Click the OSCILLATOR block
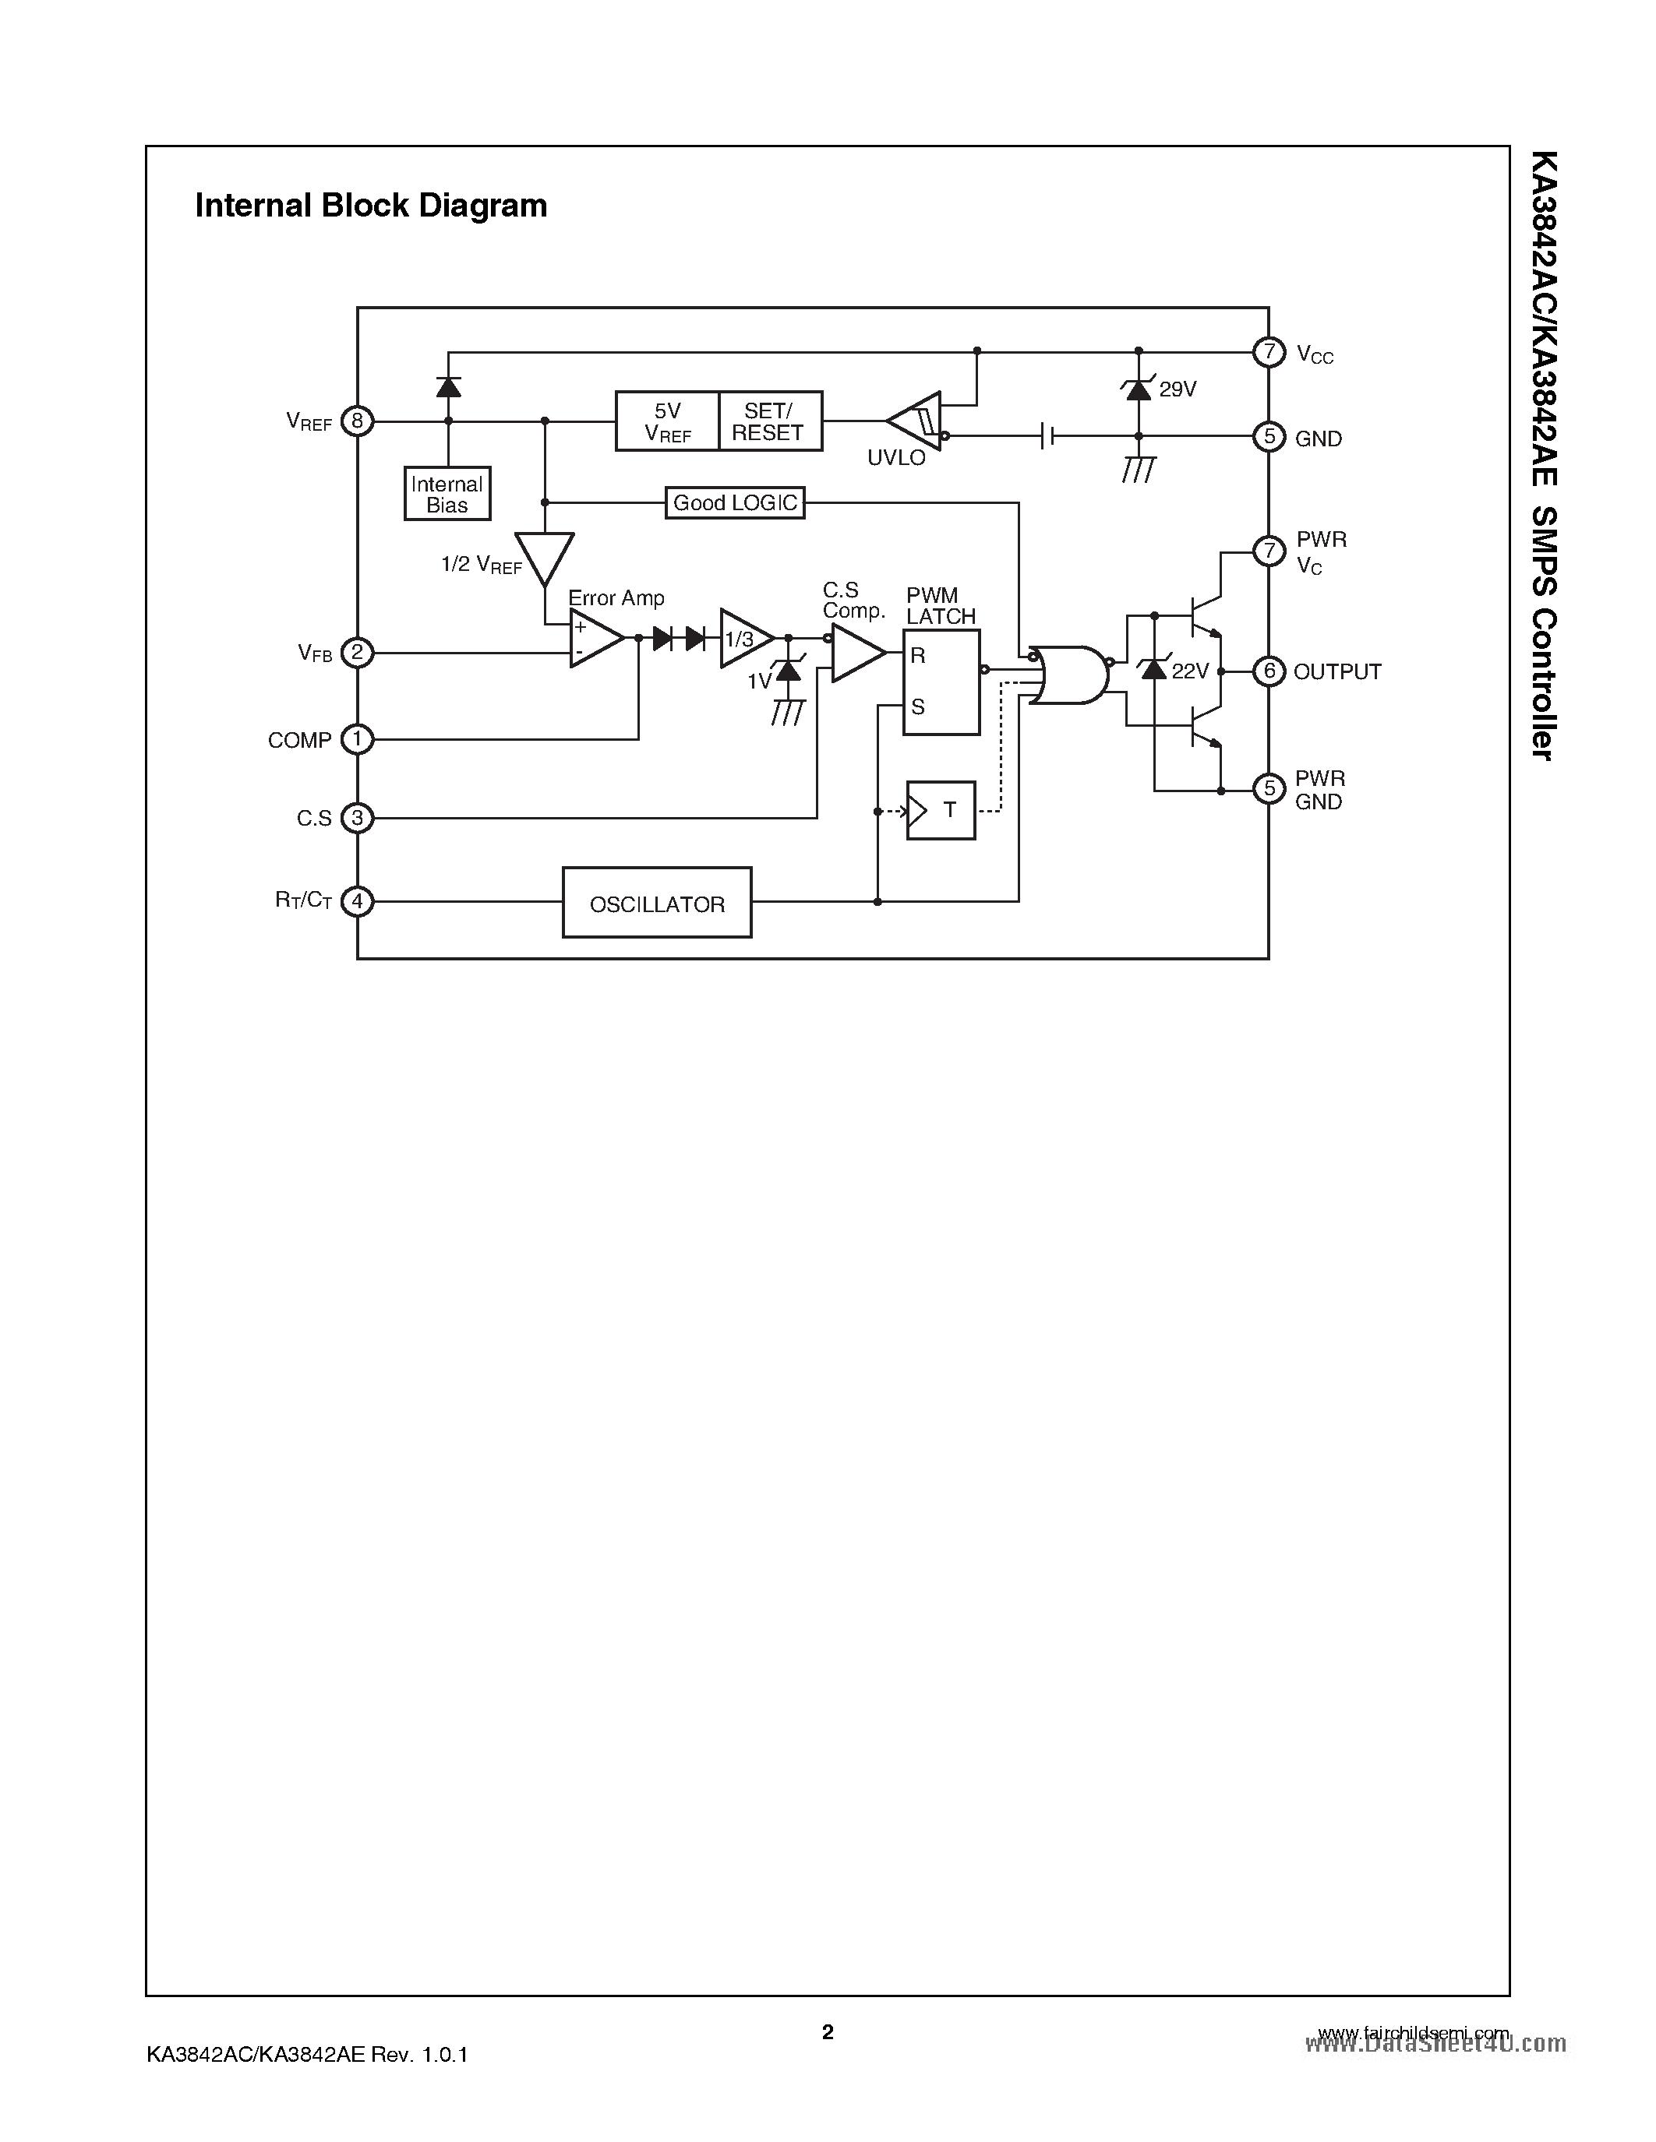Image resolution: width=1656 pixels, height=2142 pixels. (656, 902)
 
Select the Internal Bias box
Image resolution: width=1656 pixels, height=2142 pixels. (447, 493)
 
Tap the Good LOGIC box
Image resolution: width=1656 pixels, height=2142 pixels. (735, 503)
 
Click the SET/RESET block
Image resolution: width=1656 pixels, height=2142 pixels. (770, 421)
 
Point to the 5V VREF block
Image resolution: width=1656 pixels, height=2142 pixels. (667, 421)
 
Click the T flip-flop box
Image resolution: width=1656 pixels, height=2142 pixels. (941, 810)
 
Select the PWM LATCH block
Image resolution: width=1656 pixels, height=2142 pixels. (941, 682)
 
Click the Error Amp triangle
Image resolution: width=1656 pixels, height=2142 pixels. (594, 639)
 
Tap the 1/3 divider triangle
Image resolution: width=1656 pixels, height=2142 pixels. (743, 639)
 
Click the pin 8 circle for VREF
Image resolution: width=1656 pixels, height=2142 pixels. (357, 421)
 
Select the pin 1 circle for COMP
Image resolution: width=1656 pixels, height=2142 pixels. (357, 739)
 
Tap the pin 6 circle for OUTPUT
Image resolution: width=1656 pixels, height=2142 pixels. (1269, 671)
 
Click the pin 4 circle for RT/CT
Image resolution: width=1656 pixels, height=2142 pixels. (357, 901)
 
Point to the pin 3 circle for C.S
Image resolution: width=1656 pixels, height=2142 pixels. (357, 818)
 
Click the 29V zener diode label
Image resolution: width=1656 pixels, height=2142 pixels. (1178, 389)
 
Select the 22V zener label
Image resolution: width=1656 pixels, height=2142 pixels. (1190, 672)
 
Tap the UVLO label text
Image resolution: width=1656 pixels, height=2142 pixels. (895, 458)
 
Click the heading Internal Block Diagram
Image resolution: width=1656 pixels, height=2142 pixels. (371, 206)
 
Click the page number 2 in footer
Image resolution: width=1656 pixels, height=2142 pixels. (828, 2032)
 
